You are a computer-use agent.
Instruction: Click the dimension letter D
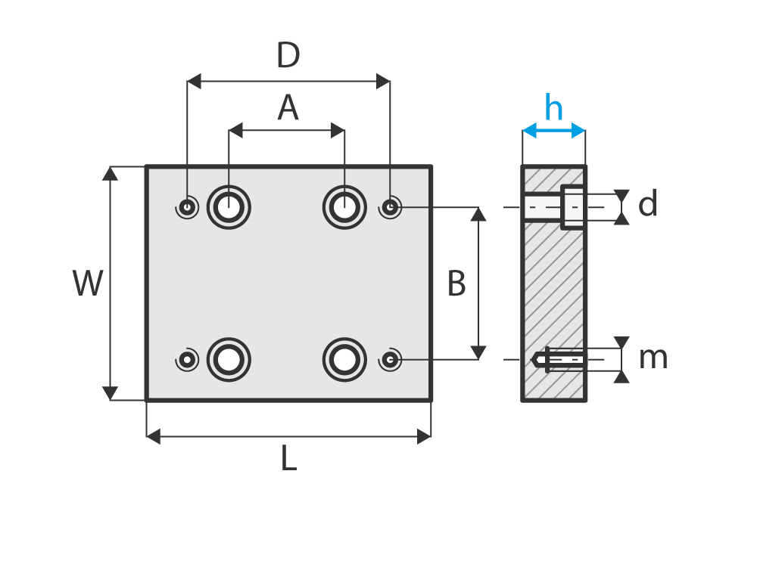click(x=288, y=56)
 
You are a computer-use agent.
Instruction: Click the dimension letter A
click(x=288, y=108)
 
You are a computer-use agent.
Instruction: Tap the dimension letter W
click(x=88, y=284)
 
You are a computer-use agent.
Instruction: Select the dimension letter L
click(x=288, y=459)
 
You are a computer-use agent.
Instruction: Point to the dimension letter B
click(x=456, y=284)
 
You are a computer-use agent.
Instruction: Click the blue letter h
click(x=554, y=109)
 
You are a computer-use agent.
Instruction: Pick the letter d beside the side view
click(x=648, y=205)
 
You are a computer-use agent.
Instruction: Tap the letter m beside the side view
click(x=653, y=358)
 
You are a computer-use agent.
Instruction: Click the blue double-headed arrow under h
click(x=554, y=131)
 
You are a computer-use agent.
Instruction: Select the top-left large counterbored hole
click(x=229, y=206)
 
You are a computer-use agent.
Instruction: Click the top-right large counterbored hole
click(x=344, y=206)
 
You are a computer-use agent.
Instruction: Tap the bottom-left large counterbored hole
click(x=229, y=360)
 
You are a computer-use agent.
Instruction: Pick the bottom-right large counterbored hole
click(x=344, y=360)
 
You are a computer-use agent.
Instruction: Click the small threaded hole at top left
click(x=187, y=206)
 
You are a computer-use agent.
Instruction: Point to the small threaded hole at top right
click(x=390, y=206)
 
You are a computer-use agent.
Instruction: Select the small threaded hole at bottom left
click(x=187, y=360)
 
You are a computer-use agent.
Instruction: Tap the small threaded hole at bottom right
click(x=390, y=360)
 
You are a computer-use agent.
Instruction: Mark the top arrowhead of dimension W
click(x=111, y=173)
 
